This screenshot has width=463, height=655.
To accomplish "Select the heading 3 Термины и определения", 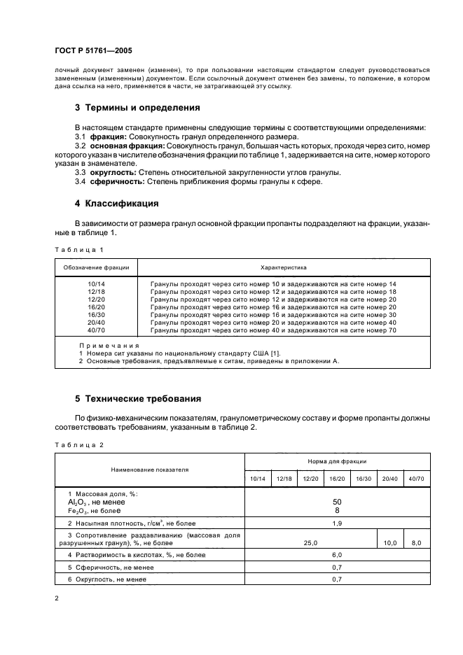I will pos(137,108).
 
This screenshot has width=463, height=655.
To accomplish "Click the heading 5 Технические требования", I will pos(138,399).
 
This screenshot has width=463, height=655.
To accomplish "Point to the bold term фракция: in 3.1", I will pos(107,137).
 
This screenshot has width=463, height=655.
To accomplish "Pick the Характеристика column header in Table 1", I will pos(283,267).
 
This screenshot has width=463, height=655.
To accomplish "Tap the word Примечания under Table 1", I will pos(109,346).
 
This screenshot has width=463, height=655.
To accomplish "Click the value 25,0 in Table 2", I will pos(310,542).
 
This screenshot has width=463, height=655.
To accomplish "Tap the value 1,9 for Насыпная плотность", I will pos(337,523).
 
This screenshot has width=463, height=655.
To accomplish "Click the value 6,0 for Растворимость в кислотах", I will pos(337,555).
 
